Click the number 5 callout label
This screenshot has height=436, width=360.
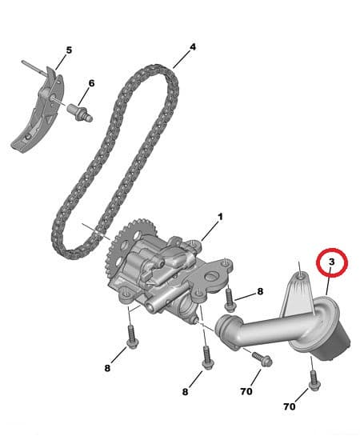(69, 50)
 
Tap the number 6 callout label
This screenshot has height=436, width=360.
(91, 83)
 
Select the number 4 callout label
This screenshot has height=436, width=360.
(192, 47)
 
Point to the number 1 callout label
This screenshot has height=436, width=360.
(221, 217)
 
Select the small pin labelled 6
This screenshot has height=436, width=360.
(82, 111)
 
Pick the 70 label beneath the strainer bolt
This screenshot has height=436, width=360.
(290, 406)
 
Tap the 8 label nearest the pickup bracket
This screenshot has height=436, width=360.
(260, 293)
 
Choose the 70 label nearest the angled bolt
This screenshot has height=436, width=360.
(246, 392)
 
